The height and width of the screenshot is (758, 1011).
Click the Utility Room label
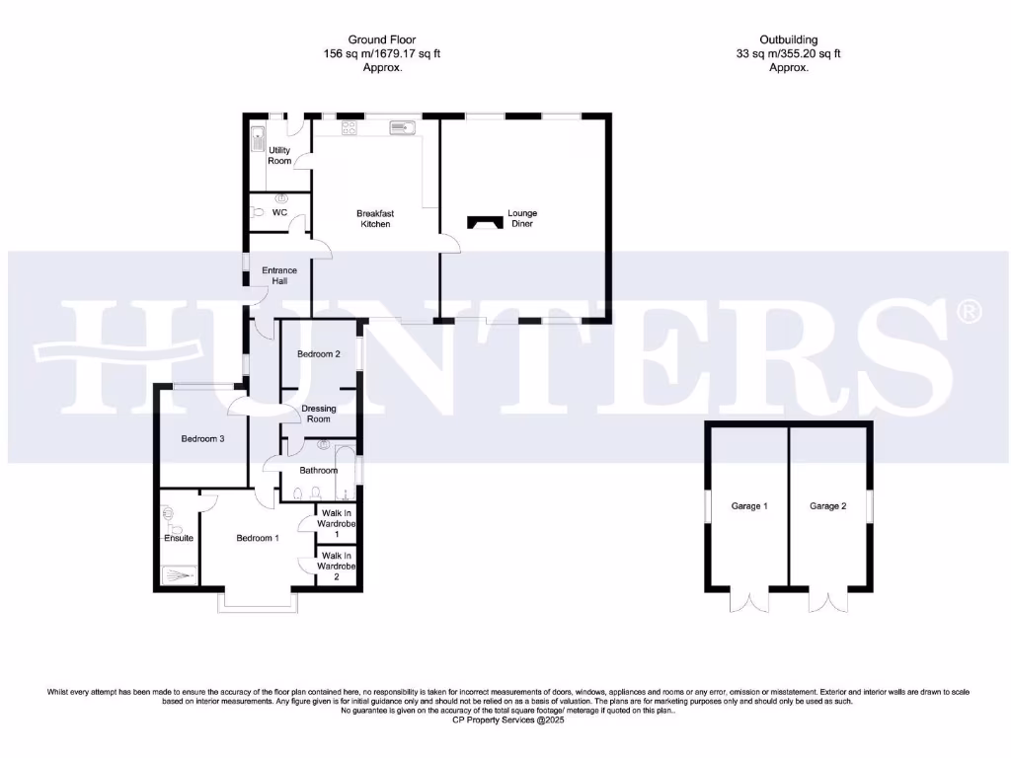[x=279, y=155]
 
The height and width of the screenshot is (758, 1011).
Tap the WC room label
[x=279, y=212]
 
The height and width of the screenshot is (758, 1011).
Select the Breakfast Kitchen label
[x=375, y=219]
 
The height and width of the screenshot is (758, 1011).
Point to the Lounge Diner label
[x=522, y=219]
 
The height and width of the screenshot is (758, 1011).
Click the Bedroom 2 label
[x=318, y=353]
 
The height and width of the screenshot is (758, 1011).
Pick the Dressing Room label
[x=318, y=414]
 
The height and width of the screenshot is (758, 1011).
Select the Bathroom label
[x=318, y=471]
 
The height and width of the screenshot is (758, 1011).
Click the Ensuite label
[x=179, y=538]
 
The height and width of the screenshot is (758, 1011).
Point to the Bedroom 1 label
[x=257, y=538]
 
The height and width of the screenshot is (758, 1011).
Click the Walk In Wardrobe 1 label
[x=337, y=523]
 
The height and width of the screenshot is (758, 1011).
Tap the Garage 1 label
[x=749, y=506]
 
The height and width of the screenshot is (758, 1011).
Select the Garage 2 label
[x=828, y=506]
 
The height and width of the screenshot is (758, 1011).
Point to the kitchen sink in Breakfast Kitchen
[x=404, y=126]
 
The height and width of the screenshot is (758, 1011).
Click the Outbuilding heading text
[x=789, y=39]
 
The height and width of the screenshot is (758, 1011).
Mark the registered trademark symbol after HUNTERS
[x=970, y=312]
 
